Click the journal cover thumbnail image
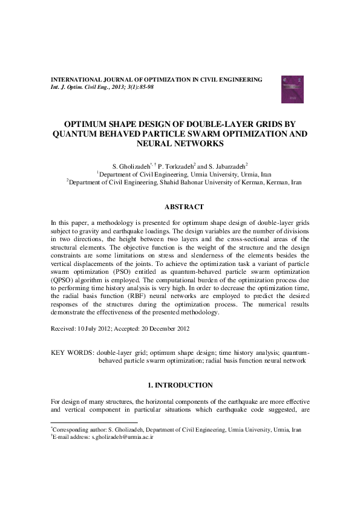[x=291, y=88]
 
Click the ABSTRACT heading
[x=180, y=207]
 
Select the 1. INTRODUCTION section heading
[x=180, y=385]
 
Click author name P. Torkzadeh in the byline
[x=177, y=165]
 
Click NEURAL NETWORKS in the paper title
[x=180, y=144]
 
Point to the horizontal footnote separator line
[x=94, y=423]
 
